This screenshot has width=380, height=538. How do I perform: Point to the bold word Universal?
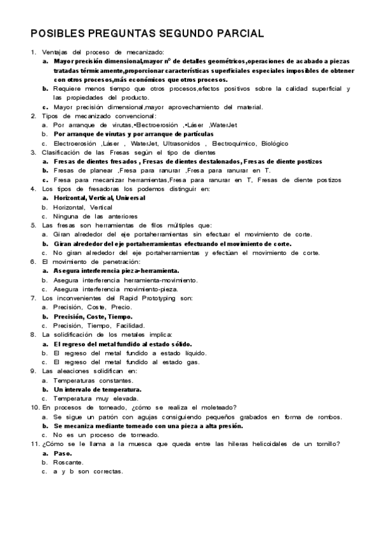tap(131, 198)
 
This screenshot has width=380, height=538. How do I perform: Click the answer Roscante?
tap(68, 463)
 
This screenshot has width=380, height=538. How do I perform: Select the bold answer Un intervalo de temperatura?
tap(97, 389)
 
